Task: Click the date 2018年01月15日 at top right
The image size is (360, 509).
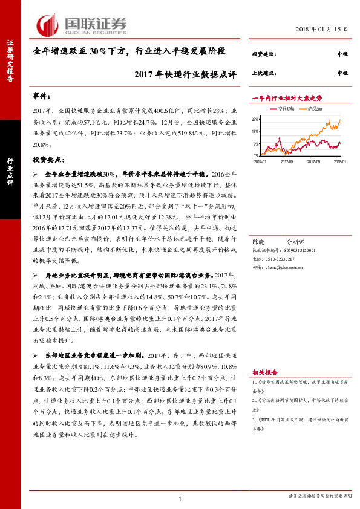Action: [322, 30]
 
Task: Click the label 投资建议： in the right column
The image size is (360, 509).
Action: [264, 54]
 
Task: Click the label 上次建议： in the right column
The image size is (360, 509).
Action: [264, 73]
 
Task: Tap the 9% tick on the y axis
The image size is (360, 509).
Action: [257, 143]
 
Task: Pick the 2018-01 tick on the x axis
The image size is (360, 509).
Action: [340, 161]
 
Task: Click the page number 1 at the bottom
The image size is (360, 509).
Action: [180, 498]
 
